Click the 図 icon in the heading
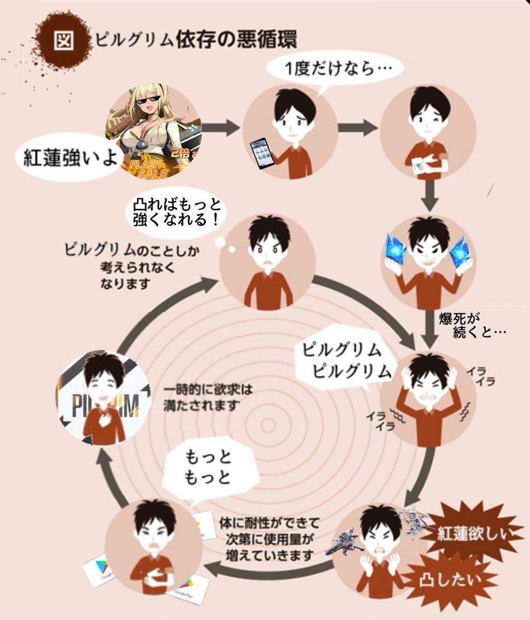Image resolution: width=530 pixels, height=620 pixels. (64, 40)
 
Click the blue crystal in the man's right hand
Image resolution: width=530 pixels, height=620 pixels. (400, 248)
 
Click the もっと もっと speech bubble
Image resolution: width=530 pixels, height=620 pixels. (209, 468)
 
